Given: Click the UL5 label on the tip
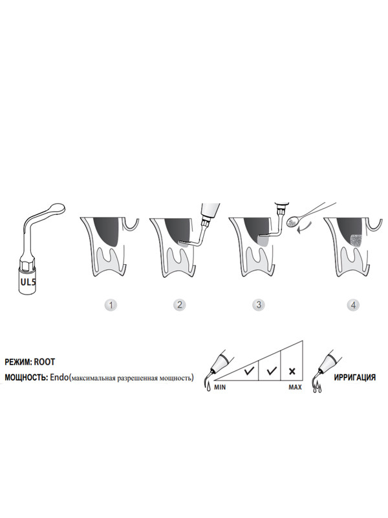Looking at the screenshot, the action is [x=28, y=282].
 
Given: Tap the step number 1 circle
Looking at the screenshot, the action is [x=111, y=304].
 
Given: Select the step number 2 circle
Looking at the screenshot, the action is [x=179, y=304].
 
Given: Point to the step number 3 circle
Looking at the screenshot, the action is [x=258, y=304].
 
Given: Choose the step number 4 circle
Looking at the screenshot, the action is [x=353, y=304].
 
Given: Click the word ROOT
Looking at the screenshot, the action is [x=45, y=362].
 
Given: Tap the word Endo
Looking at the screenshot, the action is [x=59, y=377].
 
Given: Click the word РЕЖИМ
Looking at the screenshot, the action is [x=19, y=362].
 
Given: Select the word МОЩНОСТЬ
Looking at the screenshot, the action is [x=26, y=377].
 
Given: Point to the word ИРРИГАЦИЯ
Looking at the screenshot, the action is [x=354, y=377].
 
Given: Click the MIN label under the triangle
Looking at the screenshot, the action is [x=220, y=387].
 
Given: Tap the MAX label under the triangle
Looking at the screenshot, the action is [x=295, y=387].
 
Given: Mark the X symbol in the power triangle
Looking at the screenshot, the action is [x=292, y=371].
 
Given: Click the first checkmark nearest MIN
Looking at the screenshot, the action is [x=249, y=370].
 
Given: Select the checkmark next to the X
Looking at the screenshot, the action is [x=272, y=370].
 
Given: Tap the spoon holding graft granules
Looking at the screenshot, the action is [x=292, y=221].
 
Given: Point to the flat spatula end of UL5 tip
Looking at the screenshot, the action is [x=57, y=208].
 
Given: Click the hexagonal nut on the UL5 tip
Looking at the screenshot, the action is [x=28, y=265].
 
